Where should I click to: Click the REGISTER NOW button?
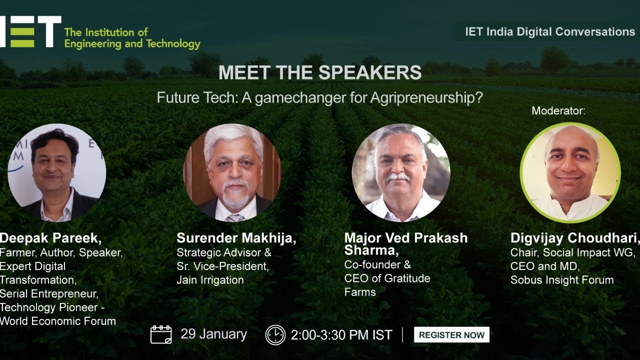[451, 335]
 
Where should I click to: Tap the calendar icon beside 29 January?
[161, 334]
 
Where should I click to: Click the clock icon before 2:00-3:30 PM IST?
[275, 335]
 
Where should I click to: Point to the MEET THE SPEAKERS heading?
[320, 72]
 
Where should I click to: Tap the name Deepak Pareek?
[50, 238]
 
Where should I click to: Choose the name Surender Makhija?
[236, 238]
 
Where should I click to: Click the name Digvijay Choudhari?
[574, 238]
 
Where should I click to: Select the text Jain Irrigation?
[210, 280]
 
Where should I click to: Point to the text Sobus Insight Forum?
[561, 280]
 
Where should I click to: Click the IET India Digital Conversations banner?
[549, 31]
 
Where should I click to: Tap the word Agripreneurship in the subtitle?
[426, 97]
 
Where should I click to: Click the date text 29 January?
[213, 334]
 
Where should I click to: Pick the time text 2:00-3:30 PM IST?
[341, 335]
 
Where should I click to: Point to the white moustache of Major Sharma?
[398, 177]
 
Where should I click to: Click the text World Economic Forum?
[58, 321]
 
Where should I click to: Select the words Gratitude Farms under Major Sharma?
[387, 285]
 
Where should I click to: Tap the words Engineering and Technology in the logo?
[132, 44]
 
